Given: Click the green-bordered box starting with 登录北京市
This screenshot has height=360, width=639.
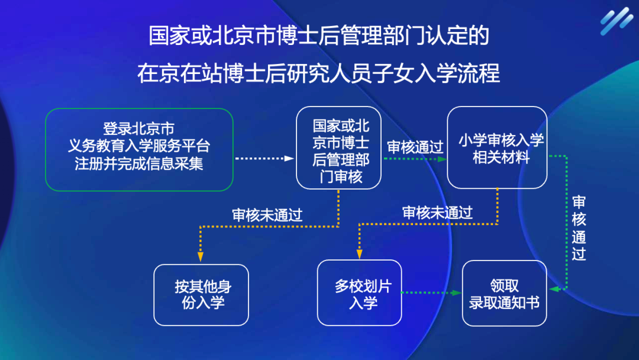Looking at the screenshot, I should (139, 149).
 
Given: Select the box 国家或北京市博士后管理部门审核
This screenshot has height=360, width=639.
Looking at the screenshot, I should (338, 148).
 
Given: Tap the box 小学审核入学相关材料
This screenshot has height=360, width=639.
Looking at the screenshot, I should (496, 148).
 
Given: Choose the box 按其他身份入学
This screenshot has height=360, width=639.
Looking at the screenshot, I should (201, 295).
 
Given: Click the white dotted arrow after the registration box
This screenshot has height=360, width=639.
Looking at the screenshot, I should (264, 159).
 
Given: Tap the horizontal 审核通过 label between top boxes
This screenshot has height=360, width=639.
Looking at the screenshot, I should (415, 147).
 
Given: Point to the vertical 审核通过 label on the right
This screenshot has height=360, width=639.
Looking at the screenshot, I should (579, 227).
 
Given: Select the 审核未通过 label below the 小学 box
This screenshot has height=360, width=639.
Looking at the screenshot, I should (437, 213).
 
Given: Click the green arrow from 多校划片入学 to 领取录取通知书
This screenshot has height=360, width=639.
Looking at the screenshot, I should (431, 292).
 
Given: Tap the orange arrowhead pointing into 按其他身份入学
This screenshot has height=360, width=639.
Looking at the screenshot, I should (201, 257).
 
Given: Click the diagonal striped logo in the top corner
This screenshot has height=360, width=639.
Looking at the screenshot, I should (616, 21).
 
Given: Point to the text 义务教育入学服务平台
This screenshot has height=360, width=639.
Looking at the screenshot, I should (139, 146).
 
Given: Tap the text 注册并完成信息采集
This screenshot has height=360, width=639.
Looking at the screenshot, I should (139, 164).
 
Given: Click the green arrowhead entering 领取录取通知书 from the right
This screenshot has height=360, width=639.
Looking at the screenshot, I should (554, 289).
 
